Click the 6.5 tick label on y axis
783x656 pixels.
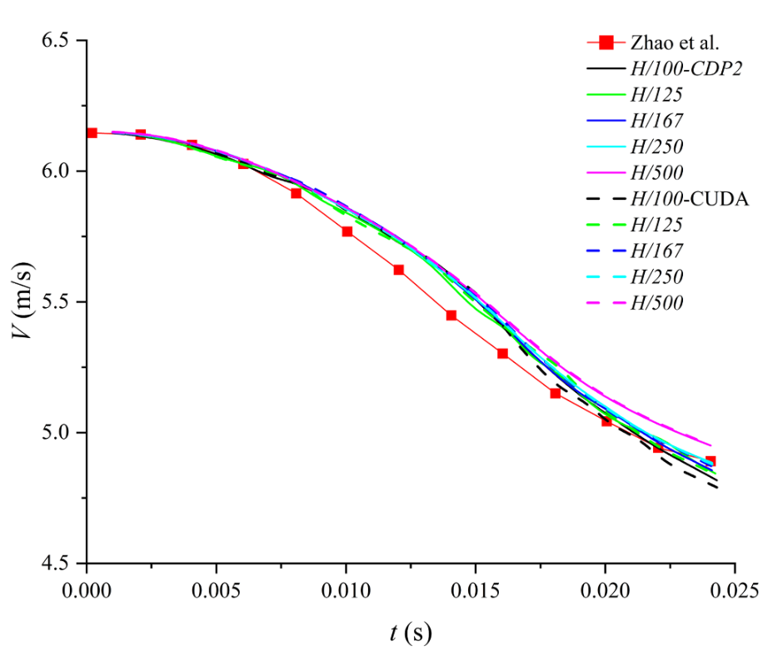tap(58, 41)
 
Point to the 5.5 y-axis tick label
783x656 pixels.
tap(58, 302)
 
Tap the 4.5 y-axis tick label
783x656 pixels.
tap(58, 564)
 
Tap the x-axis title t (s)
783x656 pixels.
tap(411, 633)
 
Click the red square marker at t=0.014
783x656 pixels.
tap(451, 316)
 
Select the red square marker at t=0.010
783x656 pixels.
tap(347, 231)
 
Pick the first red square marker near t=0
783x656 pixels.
tap(92, 133)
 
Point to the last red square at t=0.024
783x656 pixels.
tap(710, 461)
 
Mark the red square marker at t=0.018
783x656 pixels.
tap(555, 393)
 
